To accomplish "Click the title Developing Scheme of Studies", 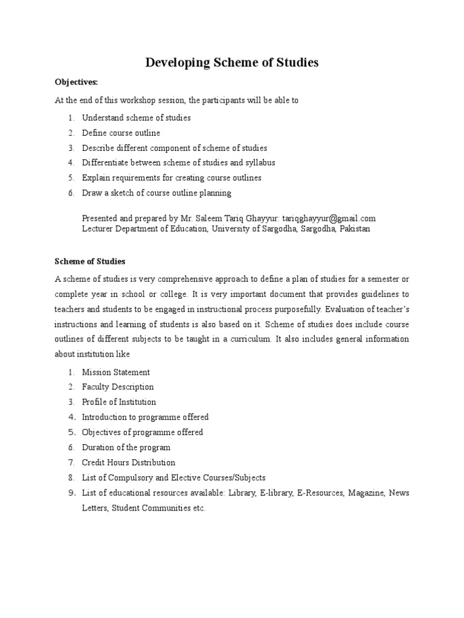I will pos(231,63).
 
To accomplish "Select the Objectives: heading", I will pos(76,82).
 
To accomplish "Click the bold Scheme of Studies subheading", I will pos(90,261).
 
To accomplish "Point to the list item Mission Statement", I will pos(116,372).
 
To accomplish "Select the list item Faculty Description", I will pos(118,387).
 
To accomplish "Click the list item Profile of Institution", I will pos(119,402).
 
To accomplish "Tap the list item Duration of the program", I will pos(126,448).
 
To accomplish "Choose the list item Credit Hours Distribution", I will pos(129,463).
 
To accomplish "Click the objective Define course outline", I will pos(121,133).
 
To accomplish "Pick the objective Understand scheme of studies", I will pos(136,118).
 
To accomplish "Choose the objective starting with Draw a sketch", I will pos(156,193).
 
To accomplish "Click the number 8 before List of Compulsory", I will pos(71,478).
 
